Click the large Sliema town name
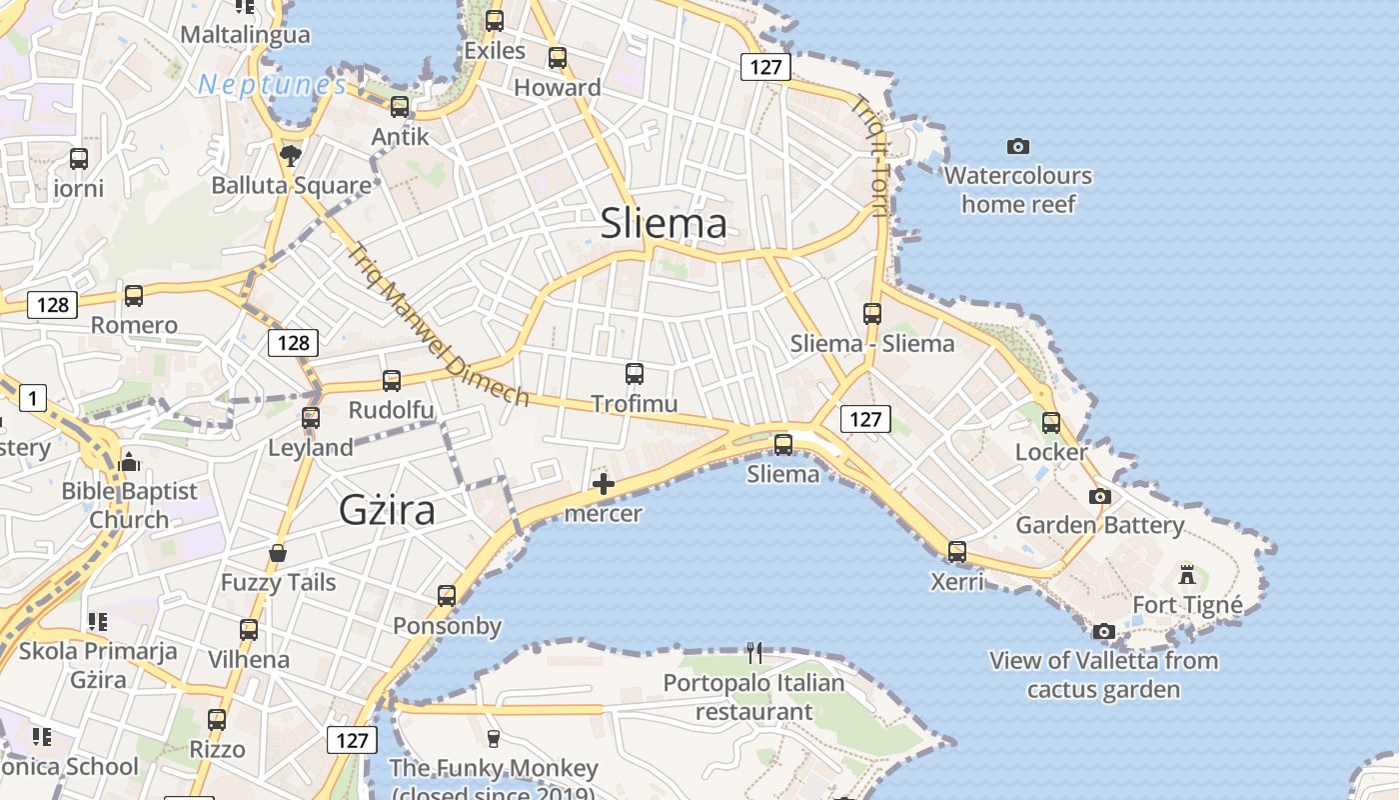664,223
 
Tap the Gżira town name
387,510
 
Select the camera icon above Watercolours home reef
1018,147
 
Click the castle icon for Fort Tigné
1187,575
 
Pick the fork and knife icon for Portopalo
754,653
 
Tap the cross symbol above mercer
603,485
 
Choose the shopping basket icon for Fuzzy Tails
278,553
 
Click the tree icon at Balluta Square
291,155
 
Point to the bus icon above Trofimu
635,374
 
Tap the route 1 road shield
32,399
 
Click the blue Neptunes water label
272,85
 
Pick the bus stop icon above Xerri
957,551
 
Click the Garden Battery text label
1100,525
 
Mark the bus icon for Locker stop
1051,422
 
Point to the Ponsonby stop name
447,627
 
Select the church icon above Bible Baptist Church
129,462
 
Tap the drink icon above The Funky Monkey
492,739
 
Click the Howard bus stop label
558,88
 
